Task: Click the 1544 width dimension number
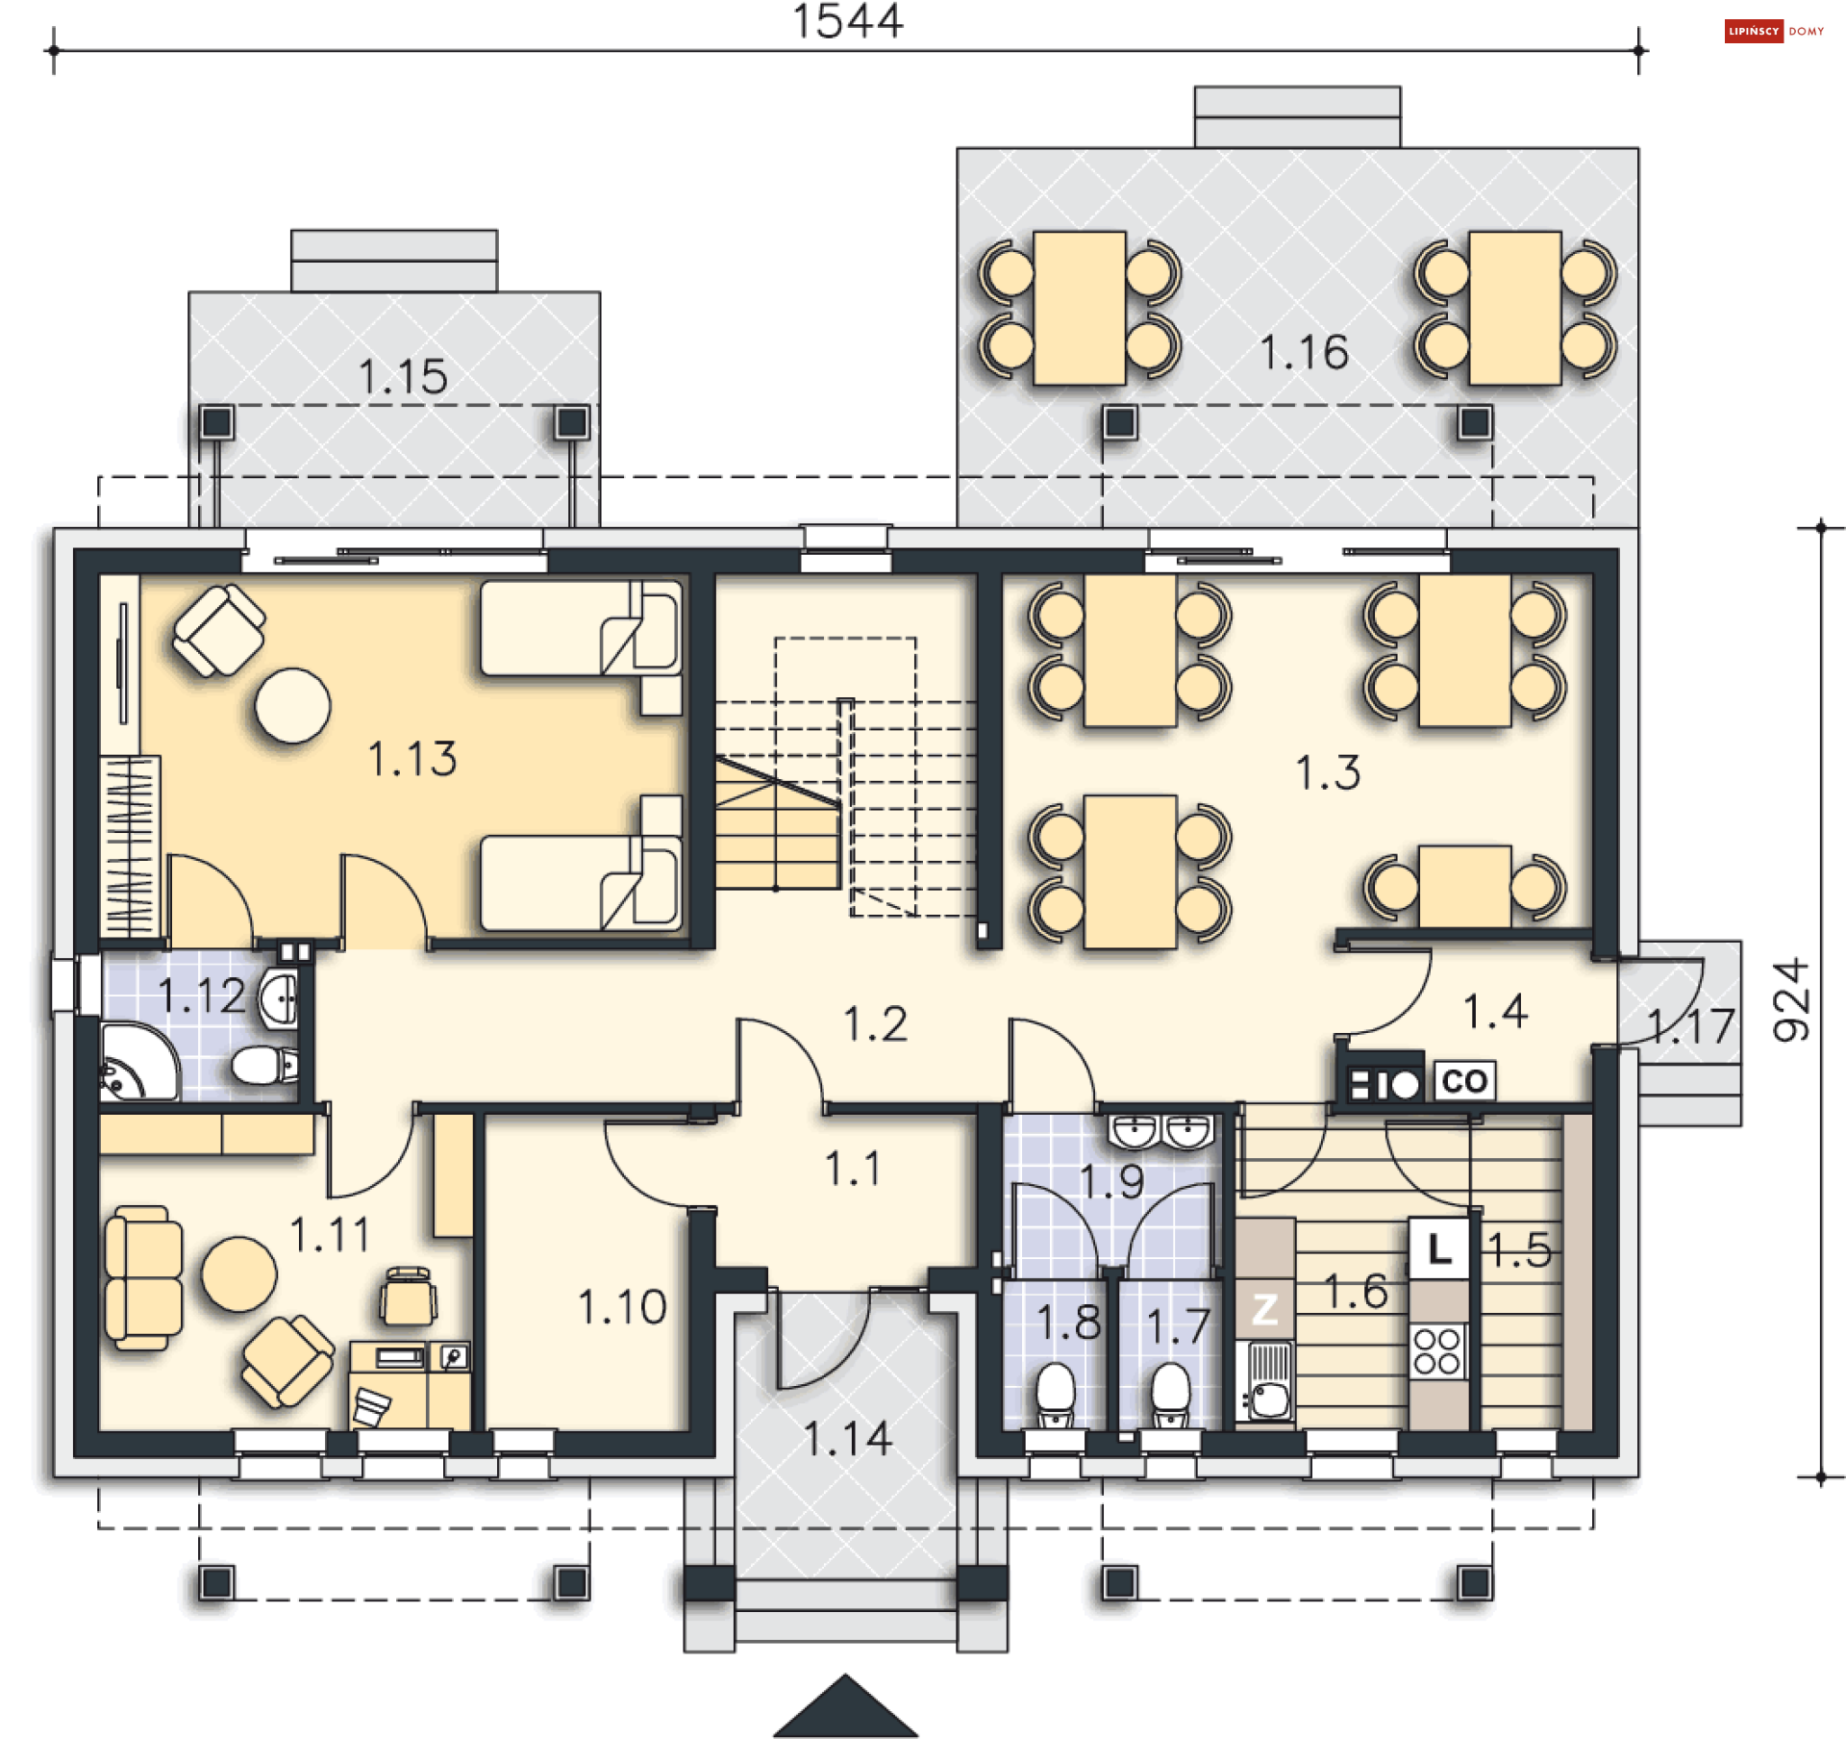pos(848,21)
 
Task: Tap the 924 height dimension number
pos(1791,1000)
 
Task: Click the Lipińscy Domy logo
pos(1775,32)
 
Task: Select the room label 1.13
pos(412,759)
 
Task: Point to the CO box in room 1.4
pos(1464,1081)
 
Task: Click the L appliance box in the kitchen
pos(1439,1248)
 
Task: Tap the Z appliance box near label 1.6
pos(1264,1309)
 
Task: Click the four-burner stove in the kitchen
pos(1438,1351)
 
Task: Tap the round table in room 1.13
pos(293,706)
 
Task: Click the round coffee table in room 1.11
pos(239,1274)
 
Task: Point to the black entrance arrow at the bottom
pos(846,1709)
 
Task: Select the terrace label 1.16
pos(1305,353)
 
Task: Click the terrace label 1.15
pos(403,377)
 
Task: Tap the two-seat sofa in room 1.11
pos(143,1278)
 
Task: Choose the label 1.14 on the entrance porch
pos(848,1439)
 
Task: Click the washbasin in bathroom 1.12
pos(280,1000)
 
